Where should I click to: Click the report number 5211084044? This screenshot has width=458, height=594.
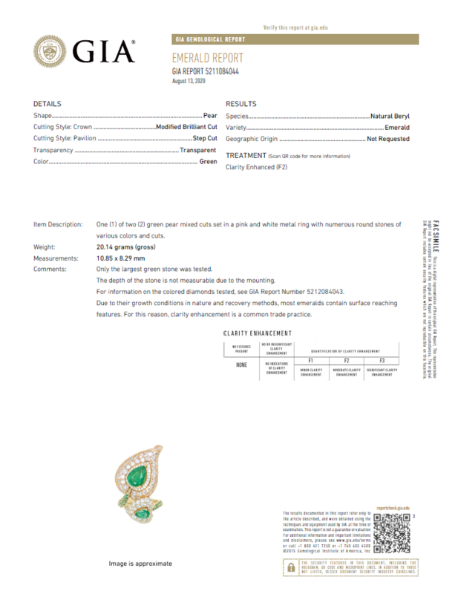click(206, 71)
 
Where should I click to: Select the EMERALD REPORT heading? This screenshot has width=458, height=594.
click(207, 58)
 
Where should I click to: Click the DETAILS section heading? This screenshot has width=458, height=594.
click(48, 104)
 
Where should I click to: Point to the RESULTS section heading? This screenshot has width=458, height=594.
click(241, 104)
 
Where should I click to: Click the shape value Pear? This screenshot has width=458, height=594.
click(210, 117)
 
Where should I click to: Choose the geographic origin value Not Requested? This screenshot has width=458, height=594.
click(387, 139)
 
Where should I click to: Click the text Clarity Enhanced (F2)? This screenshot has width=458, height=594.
click(256, 167)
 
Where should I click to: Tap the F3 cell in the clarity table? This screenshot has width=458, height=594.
click(382, 359)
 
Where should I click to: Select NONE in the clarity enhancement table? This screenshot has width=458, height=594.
click(241, 365)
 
